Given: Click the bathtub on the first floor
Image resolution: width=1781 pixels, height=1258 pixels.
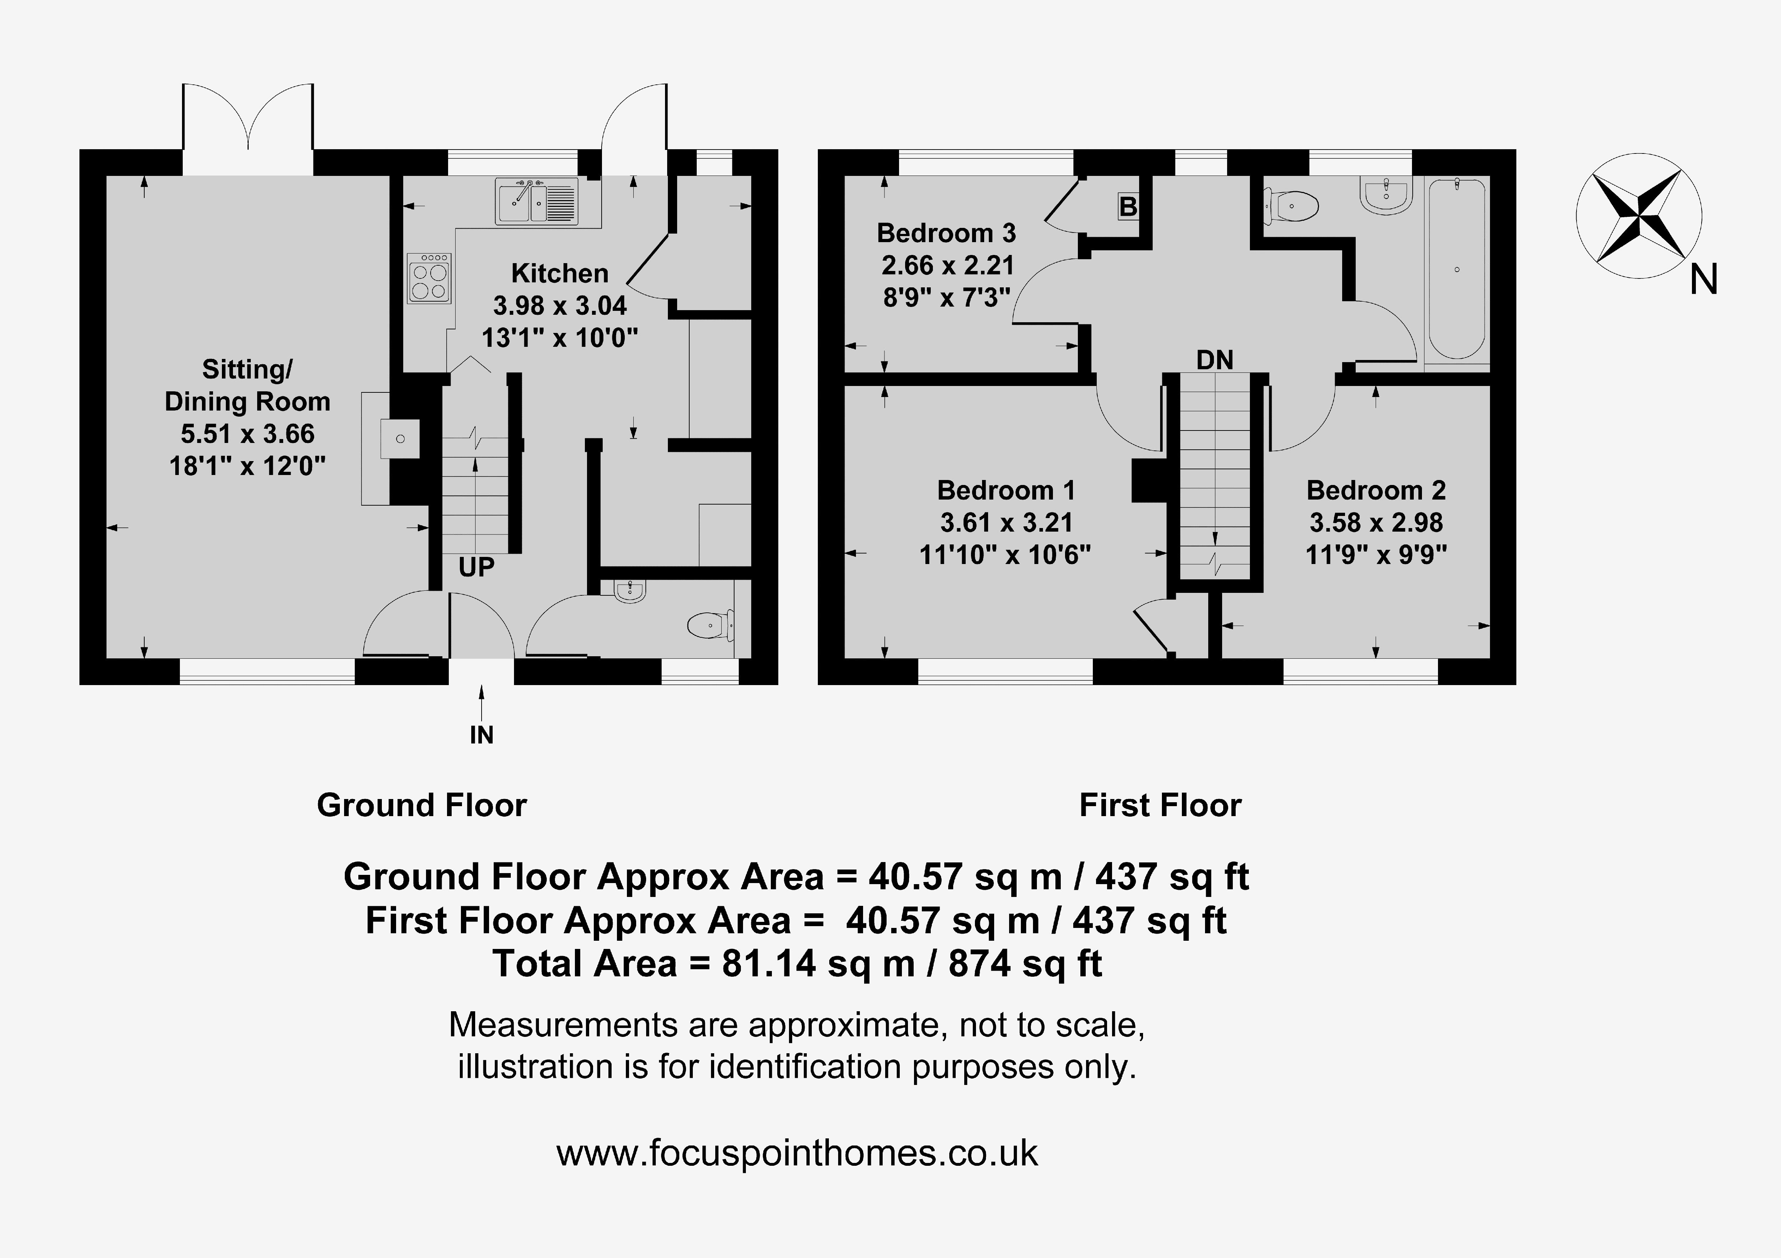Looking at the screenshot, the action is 1456,269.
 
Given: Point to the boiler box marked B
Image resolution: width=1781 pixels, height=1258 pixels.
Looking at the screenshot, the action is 1128,206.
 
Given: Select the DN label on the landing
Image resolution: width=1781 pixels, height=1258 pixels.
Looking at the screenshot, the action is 1215,360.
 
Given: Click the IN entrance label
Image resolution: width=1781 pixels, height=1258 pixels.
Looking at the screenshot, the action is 482,735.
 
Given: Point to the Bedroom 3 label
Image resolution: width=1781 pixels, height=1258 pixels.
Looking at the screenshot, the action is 946,233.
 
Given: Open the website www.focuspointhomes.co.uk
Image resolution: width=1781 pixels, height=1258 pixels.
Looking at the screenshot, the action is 796,1153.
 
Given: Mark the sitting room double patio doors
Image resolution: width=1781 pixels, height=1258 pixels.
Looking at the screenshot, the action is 248,127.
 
